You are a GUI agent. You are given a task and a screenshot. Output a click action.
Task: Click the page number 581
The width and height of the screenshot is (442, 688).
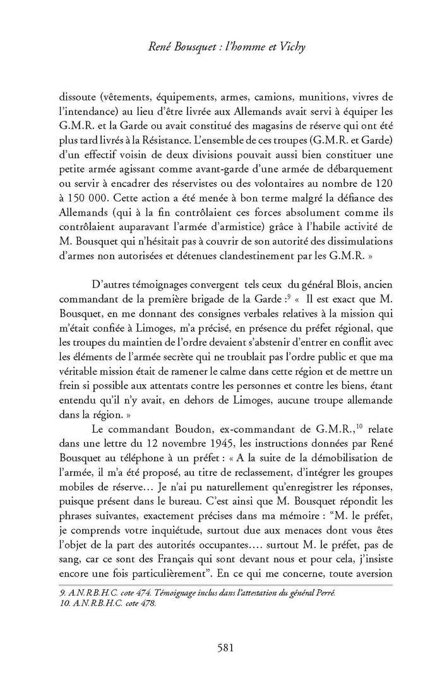point(225,647)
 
